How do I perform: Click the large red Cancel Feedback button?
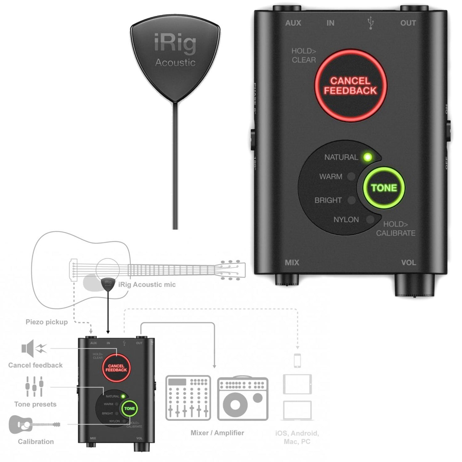pos(350,86)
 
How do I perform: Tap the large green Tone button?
pos(384,188)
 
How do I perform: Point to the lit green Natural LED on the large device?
pos(368,157)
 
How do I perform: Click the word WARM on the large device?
pos(331,176)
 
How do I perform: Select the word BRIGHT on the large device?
pos(328,200)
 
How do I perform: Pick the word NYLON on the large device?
pos(346,220)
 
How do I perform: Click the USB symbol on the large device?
pos(371,23)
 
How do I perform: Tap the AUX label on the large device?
pos(293,23)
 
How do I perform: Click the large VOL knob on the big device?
pos(415,284)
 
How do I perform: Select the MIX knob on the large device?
pos(287,279)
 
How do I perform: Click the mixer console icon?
pos(188,398)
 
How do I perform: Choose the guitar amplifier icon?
pos(243,398)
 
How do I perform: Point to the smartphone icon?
pos(297,361)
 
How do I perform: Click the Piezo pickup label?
pos(47,322)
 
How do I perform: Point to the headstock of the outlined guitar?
pos(232,270)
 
